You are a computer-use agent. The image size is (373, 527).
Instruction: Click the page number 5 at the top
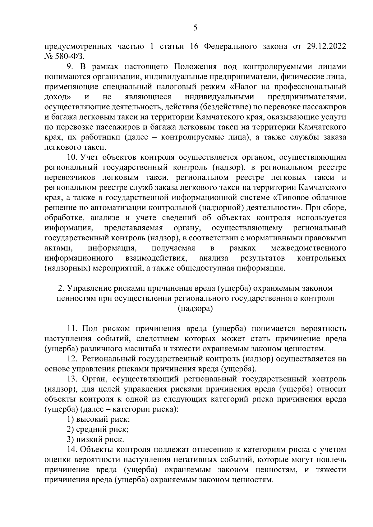(195, 28)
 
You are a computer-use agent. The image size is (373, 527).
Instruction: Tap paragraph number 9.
(70, 67)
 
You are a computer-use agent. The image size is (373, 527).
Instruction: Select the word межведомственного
(308, 248)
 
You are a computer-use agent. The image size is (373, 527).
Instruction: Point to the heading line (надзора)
(195, 308)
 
